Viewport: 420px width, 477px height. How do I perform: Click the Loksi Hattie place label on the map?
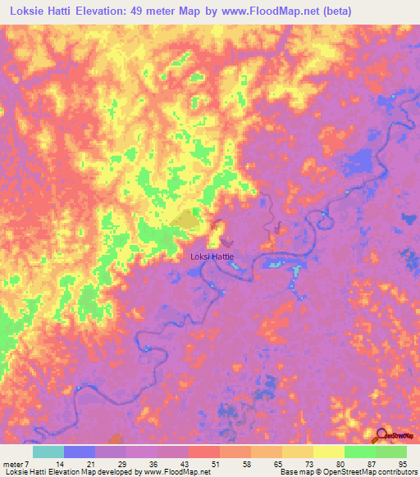(x=212, y=257)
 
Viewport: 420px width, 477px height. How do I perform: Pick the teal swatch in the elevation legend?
(x=48, y=452)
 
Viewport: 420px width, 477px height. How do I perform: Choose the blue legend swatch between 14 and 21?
(x=80, y=452)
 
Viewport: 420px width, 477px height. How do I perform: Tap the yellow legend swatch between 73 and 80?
(x=328, y=452)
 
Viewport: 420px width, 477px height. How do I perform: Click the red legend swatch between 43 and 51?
(x=204, y=452)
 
